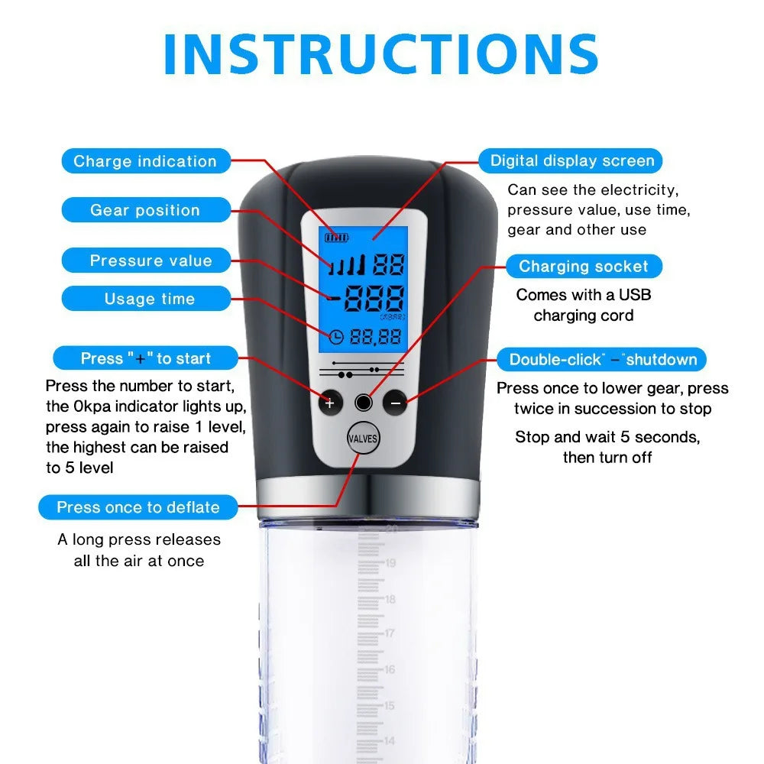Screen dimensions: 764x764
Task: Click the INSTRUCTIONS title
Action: coord(380,53)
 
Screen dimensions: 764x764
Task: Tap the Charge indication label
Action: coord(145,161)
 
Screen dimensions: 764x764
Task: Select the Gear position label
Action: coord(145,210)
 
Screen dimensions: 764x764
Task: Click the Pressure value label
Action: coord(151,261)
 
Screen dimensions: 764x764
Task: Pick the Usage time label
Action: coord(150,299)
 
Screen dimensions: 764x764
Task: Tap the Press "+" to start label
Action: coord(145,358)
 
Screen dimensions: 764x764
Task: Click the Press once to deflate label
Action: coord(138,507)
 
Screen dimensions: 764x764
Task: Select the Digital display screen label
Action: coord(571,160)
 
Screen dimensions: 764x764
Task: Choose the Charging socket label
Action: coord(583,267)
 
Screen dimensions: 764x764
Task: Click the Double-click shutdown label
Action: coord(603,360)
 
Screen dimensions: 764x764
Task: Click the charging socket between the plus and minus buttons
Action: coord(364,403)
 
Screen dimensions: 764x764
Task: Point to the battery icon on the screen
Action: coord(335,238)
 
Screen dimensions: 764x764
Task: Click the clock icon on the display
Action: coord(336,336)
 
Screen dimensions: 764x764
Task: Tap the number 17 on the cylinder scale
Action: coord(390,633)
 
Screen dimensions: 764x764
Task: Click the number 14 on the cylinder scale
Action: coord(390,740)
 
